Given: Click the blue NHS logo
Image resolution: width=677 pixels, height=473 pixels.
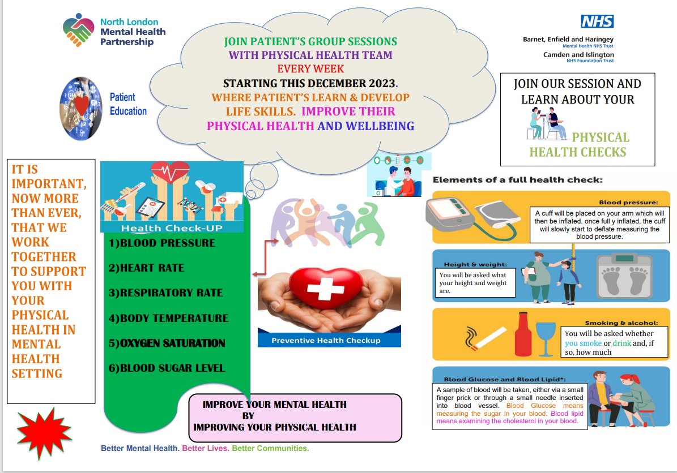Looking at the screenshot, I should point(597,21).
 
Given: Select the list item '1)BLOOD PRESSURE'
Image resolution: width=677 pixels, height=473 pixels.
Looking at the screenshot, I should point(161,243).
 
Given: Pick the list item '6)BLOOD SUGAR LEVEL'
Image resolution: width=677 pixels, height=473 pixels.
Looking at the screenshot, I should point(167,368).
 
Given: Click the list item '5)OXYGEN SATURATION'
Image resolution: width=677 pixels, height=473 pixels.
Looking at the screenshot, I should point(167,343).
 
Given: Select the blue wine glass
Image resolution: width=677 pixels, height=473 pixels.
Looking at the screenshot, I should point(546,336).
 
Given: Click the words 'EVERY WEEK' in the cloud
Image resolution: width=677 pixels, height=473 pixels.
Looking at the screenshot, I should point(310,69).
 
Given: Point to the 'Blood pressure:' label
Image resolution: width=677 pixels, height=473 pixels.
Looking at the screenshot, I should point(628,202).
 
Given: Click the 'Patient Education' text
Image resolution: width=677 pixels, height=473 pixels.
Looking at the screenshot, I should point(128,104).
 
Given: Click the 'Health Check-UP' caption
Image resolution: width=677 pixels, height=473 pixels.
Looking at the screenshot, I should point(172,228).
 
